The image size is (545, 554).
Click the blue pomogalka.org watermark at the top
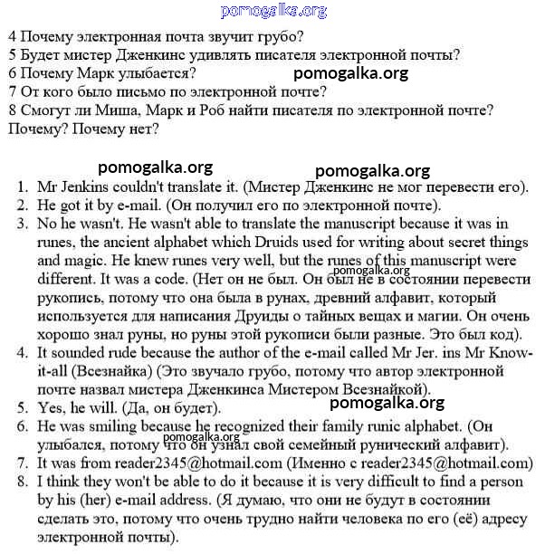pos(273,11)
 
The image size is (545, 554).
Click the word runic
pos(387,425)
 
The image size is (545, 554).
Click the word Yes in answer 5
pos(52,406)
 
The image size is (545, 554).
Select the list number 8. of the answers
pos(24,481)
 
